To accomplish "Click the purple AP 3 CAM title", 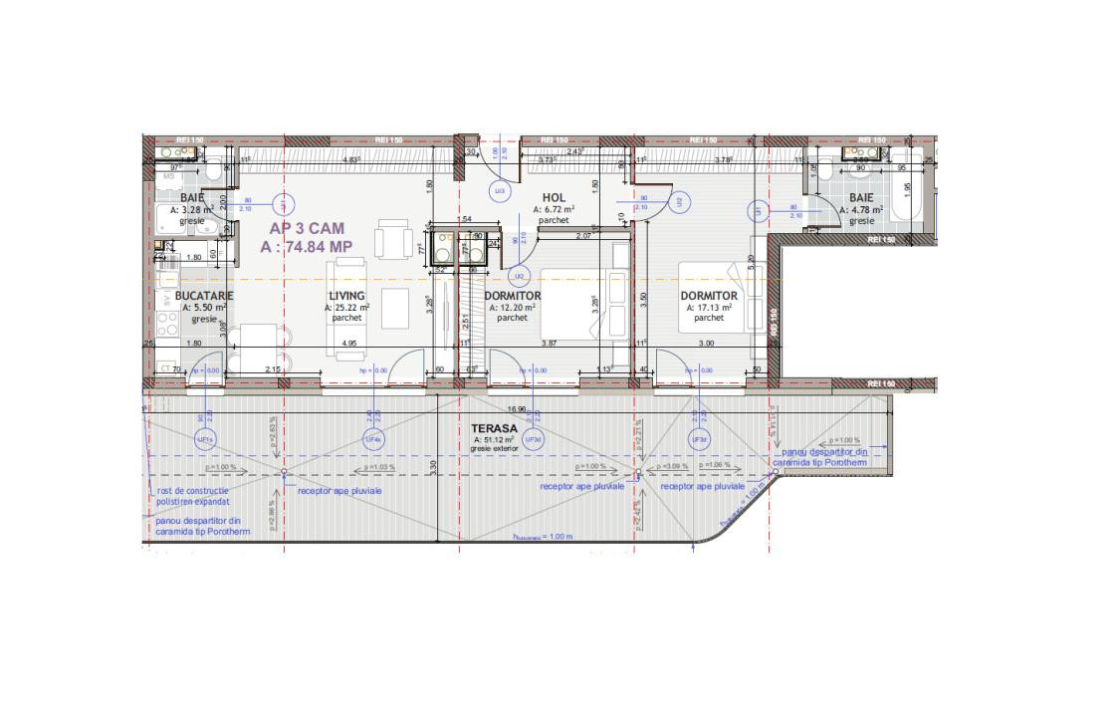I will [x=307, y=228].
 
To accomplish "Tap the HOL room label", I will [x=554, y=198].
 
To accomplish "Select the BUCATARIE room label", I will [x=204, y=296].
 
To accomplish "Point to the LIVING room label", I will [x=347, y=296].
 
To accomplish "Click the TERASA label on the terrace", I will [x=494, y=428].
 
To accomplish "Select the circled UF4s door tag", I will [x=373, y=439].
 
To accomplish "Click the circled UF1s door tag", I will [x=206, y=439].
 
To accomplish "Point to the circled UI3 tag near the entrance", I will [x=500, y=190].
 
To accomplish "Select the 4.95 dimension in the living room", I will [x=348, y=344].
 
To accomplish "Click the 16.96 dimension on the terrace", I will [x=516, y=409].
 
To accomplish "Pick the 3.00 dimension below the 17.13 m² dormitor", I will [x=705, y=344].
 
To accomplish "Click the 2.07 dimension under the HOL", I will [x=584, y=236].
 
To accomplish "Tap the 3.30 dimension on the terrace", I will [x=432, y=464].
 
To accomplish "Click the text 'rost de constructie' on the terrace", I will [x=193, y=491].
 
